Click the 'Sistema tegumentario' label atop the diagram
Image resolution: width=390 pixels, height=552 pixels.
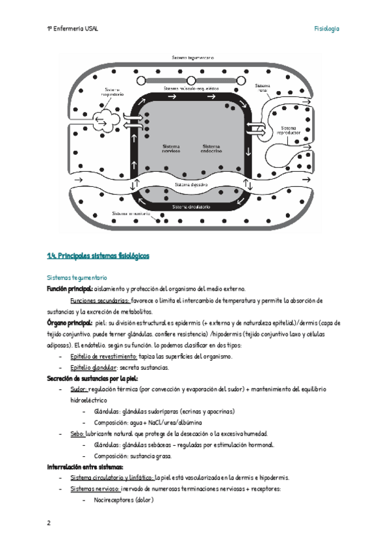point(193,58)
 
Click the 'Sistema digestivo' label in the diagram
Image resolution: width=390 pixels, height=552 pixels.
point(191,185)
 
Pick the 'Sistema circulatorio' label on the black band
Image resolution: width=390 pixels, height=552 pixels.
point(191,207)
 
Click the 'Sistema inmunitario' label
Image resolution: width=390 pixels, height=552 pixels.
point(131,214)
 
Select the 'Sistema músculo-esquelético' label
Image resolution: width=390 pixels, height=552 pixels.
point(190,88)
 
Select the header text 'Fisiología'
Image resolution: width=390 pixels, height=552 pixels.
point(327,29)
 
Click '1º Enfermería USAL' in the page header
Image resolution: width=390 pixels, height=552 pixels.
point(72,29)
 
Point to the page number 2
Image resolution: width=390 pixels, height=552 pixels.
point(49,523)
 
